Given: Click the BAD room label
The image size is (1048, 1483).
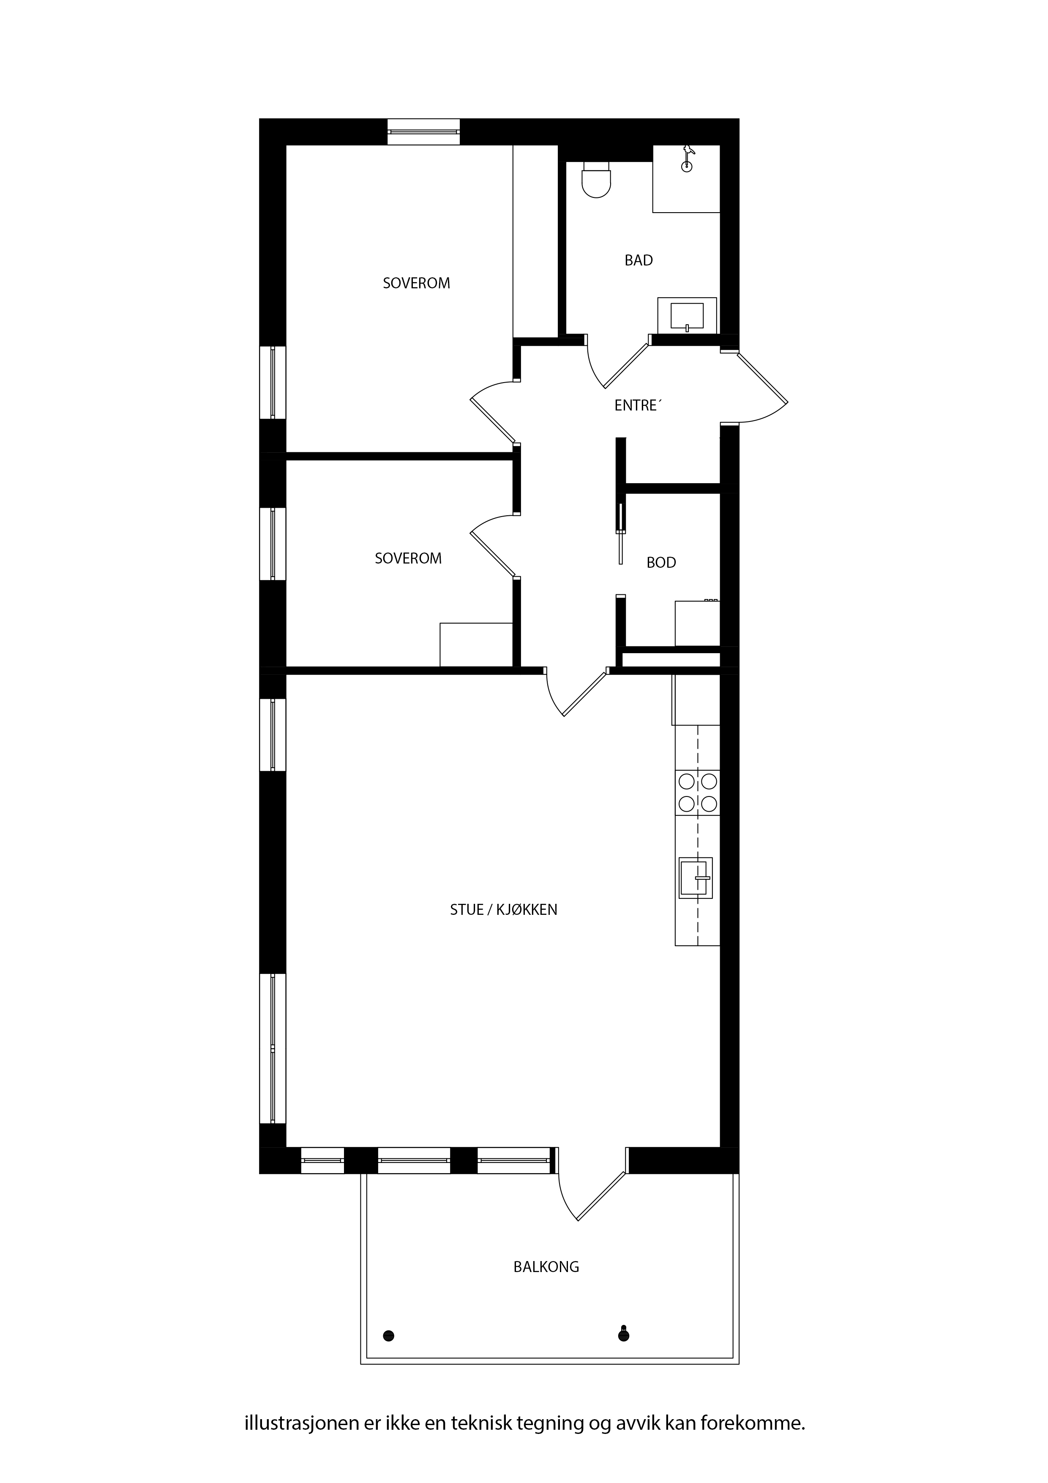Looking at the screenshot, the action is pos(638,260).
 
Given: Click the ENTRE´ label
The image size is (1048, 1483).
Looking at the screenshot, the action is pos(638,406).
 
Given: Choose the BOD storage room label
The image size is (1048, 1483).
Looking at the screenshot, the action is pos(661,563).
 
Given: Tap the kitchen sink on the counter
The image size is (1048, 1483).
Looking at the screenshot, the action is pos(696,878).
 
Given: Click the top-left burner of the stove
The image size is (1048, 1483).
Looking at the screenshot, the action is pos(686,782).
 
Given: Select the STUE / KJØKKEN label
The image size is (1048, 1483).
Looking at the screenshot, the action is pos(504,909).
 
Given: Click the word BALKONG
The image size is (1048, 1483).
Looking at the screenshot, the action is pos(546,1267).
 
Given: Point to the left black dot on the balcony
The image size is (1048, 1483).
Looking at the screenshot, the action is pos(389,1335).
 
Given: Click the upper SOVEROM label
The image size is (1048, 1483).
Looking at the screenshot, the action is pos(417,283).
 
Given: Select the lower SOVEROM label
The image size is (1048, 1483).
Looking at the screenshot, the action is pos(408,558).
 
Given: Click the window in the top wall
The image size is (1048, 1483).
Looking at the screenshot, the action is pos(423,132).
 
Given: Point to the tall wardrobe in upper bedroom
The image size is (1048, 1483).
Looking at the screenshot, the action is pos(535,241).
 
